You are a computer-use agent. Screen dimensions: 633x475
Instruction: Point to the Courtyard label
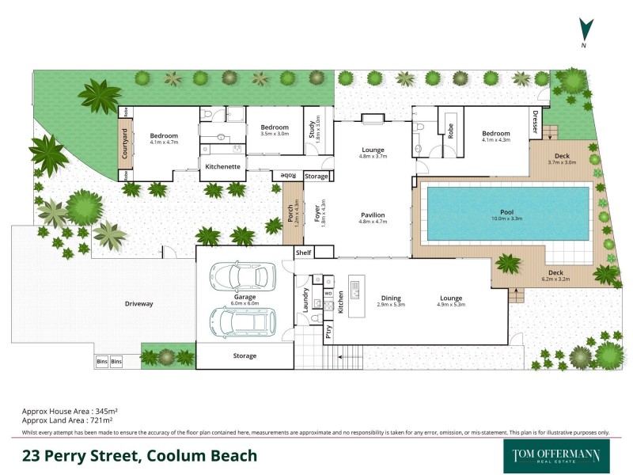point(124,144)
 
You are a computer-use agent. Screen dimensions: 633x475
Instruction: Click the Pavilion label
point(372,215)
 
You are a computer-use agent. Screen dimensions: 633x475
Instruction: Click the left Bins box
point(101,362)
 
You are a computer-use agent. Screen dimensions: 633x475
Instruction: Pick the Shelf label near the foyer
point(304,253)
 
